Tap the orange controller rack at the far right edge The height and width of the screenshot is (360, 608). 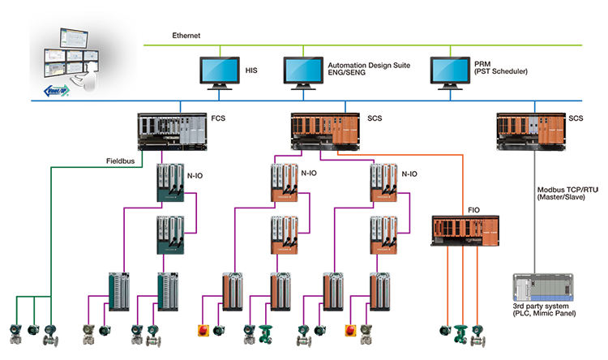tap(532, 129)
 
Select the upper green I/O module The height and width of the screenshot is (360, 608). tap(172, 182)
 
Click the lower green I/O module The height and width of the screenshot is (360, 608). tap(172, 236)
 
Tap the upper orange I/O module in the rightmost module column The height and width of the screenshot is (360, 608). tap(384, 182)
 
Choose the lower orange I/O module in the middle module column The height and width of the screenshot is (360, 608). tap(284, 236)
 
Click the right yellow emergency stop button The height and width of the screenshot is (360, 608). tap(351, 334)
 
